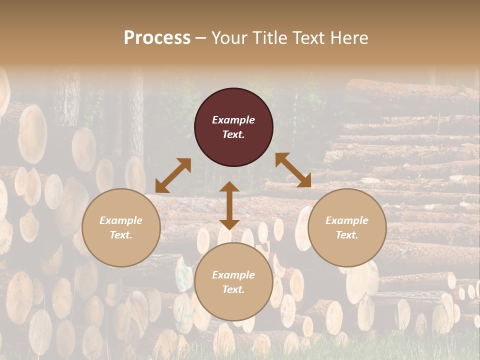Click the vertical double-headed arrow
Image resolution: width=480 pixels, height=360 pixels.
pos(229,205)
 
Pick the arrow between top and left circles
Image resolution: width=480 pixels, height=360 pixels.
pos(173,175)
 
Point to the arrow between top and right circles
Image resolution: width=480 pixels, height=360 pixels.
pos(293,170)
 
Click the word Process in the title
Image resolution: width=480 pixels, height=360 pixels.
pos(157,38)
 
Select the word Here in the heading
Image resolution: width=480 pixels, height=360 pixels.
pos(350,38)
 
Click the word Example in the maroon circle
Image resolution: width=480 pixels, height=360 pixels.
pos(233,120)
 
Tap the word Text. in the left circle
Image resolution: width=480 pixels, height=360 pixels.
pos(121,235)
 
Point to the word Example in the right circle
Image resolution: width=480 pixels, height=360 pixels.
pos(347,220)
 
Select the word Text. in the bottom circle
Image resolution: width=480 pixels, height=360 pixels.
pos(233,289)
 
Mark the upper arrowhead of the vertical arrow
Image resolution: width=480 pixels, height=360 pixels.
pos(229,187)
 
